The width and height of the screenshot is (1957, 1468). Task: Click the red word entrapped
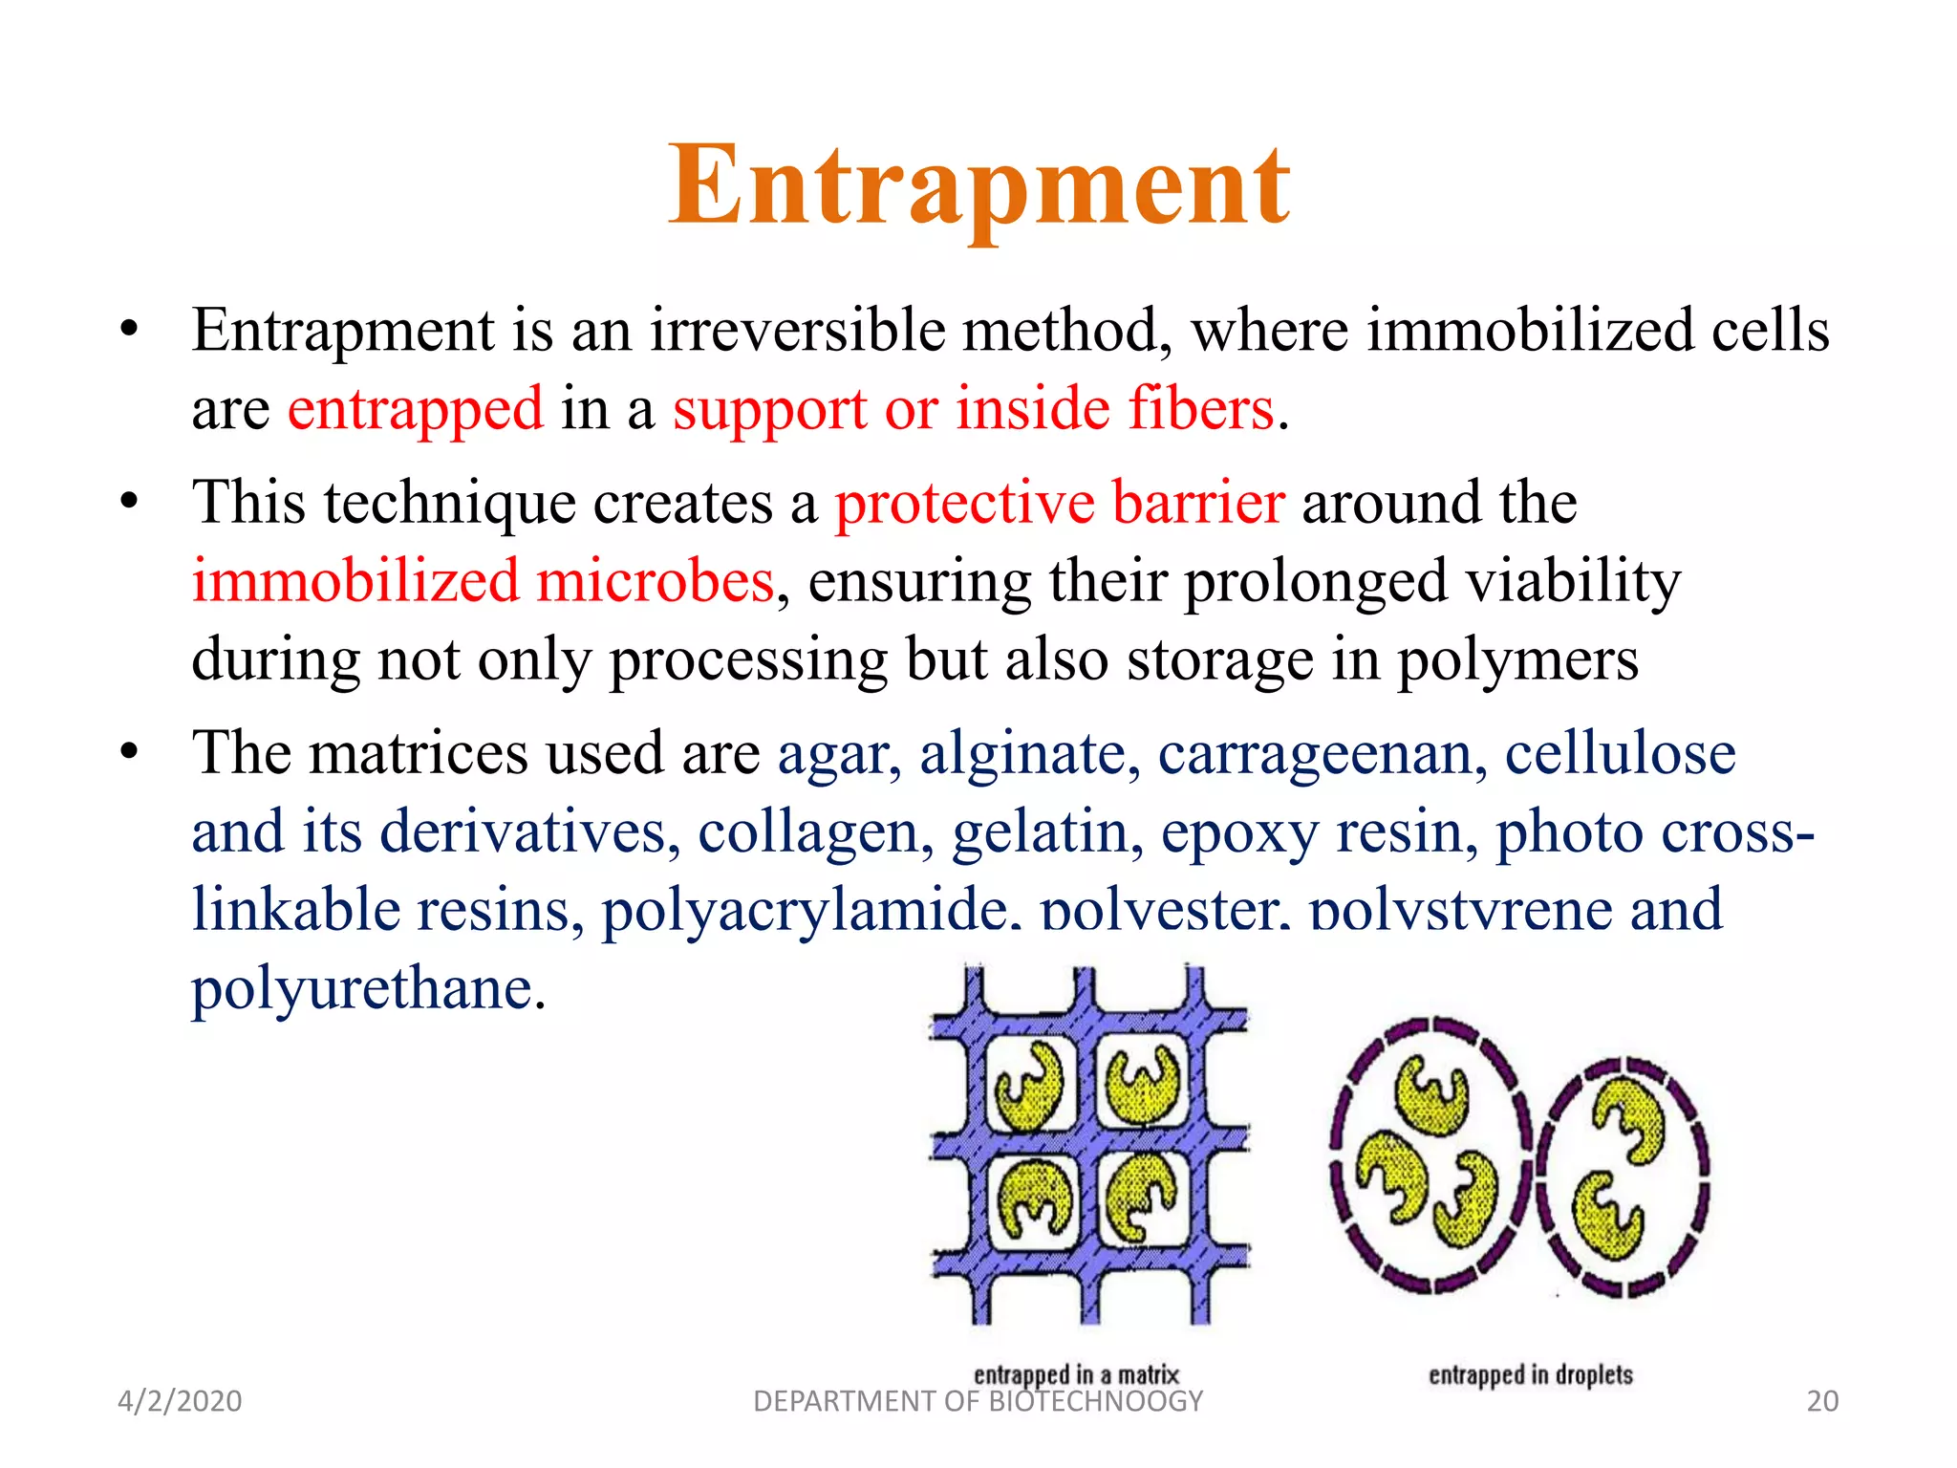pyautogui.click(x=415, y=409)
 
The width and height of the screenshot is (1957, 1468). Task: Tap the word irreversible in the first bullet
pyautogui.click(x=801, y=331)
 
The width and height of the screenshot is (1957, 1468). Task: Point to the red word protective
pyautogui.click(x=964, y=503)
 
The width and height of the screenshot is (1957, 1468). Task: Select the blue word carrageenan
pyautogui.click(x=1323, y=753)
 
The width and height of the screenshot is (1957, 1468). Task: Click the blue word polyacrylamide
pyautogui.click(x=805, y=910)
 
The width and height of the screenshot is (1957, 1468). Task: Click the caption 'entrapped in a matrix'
pyautogui.click(x=1076, y=1374)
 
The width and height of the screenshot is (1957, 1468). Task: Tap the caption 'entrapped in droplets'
pyautogui.click(x=1530, y=1374)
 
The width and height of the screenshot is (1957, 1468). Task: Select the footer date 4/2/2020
pyautogui.click(x=180, y=1401)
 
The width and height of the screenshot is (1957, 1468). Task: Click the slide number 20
pyautogui.click(x=1822, y=1401)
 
